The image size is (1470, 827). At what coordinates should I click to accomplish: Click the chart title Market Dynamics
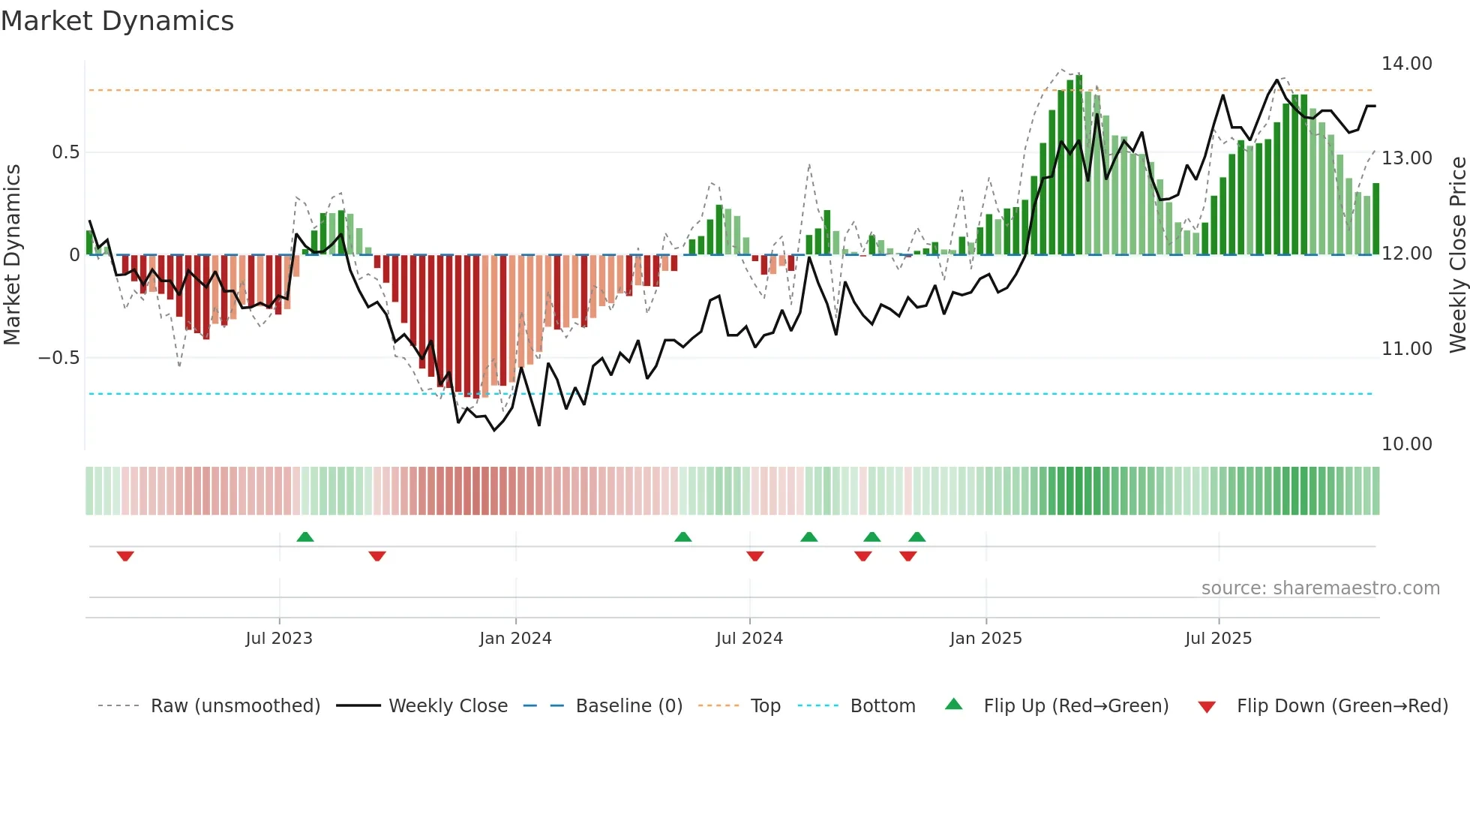point(118,21)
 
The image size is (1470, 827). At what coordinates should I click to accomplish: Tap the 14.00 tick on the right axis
point(1406,64)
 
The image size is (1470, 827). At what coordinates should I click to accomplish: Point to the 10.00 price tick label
point(1406,444)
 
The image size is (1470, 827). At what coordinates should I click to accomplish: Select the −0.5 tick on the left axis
point(58,358)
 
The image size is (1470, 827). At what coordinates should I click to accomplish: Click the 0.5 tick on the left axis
point(65,152)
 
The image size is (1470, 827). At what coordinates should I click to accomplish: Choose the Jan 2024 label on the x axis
point(515,639)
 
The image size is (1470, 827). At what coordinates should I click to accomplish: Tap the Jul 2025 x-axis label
point(1218,639)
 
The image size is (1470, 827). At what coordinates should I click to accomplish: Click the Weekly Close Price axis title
point(1457,254)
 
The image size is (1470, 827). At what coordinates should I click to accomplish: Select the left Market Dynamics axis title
point(12,254)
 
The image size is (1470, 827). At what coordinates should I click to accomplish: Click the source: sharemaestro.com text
point(1320,588)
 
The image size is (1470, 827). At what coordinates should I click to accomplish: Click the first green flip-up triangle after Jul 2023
point(304,537)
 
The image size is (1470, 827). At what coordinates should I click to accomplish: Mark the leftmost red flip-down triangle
point(125,556)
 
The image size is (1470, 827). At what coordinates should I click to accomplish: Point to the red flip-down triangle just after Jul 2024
point(755,556)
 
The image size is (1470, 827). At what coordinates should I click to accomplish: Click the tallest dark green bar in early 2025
point(1078,165)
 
